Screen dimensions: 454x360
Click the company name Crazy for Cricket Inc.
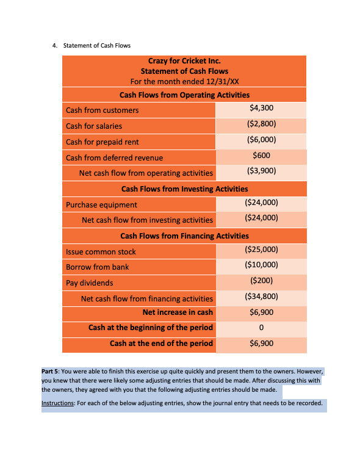(x=184, y=61)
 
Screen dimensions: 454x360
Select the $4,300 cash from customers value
(x=261, y=109)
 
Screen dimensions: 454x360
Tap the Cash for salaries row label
(x=94, y=126)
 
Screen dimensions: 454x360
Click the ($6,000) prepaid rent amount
(x=261, y=140)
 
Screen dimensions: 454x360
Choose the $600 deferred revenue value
(x=261, y=156)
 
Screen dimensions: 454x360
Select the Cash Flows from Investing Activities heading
(x=184, y=189)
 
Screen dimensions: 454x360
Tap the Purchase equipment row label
(x=101, y=205)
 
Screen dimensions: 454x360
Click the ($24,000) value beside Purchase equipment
(x=261, y=203)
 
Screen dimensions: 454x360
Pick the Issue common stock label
(x=101, y=252)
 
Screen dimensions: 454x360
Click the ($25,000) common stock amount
(x=261, y=250)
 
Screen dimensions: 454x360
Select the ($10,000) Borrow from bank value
(x=261, y=265)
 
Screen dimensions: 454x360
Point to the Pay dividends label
(x=90, y=283)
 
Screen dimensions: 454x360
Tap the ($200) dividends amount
(x=261, y=281)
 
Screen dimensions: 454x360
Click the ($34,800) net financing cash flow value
(x=261, y=297)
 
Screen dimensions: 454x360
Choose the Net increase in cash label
(x=178, y=312)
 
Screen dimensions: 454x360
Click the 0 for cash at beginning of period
(x=261, y=328)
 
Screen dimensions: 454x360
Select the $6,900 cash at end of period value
(x=261, y=343)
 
